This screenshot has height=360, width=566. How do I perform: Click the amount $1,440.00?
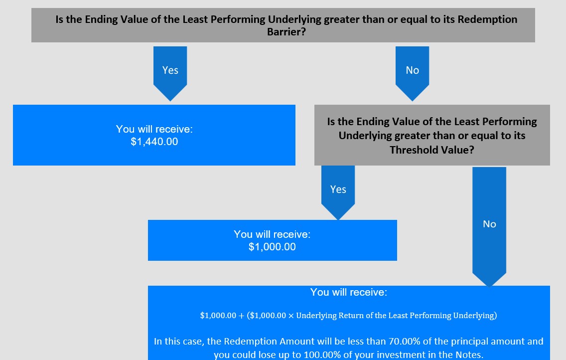154,142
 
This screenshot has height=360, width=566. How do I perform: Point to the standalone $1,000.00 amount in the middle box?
272,247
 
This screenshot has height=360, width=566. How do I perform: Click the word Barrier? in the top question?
286,32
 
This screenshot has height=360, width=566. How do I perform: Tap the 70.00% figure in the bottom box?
401,341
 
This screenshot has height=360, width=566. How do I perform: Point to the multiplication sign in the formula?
291,316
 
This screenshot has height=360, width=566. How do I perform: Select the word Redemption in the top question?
487,19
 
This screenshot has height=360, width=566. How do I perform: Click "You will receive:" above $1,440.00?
154,129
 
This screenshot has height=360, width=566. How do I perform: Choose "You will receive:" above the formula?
349,292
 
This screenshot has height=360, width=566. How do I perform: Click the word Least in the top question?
195,19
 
